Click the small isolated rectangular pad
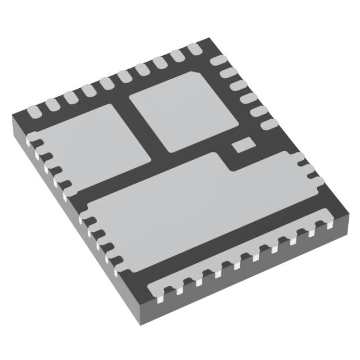click(244, 145)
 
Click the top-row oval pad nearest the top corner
click(195, 49)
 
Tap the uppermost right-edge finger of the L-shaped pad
click(303, 164)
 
